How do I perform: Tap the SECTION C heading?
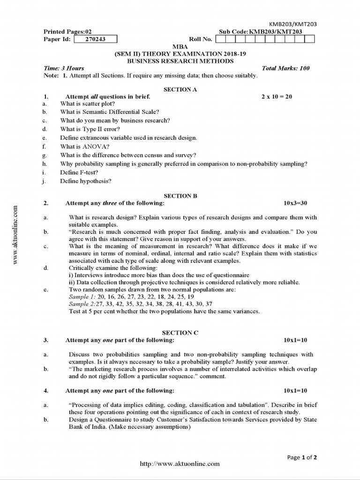click(x=180, y=332)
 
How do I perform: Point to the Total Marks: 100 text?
click(x=285, y=68)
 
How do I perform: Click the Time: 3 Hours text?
click(x=64, y=68)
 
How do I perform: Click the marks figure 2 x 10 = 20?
click(x=277, y=97)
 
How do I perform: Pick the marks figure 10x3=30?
click(x=295, y=203)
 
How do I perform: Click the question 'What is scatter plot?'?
click(x=88, y=104)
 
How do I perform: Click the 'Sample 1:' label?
click(x=82, y=297)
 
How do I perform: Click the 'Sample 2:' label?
click(x=82, y=304)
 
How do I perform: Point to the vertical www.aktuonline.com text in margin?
click(x=15, y=234)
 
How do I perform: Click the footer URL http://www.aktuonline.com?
click(x=180, y=464)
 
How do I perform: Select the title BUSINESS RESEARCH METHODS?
click(x=180, y=61)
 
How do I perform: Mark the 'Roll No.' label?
click(x=201, y=39)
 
